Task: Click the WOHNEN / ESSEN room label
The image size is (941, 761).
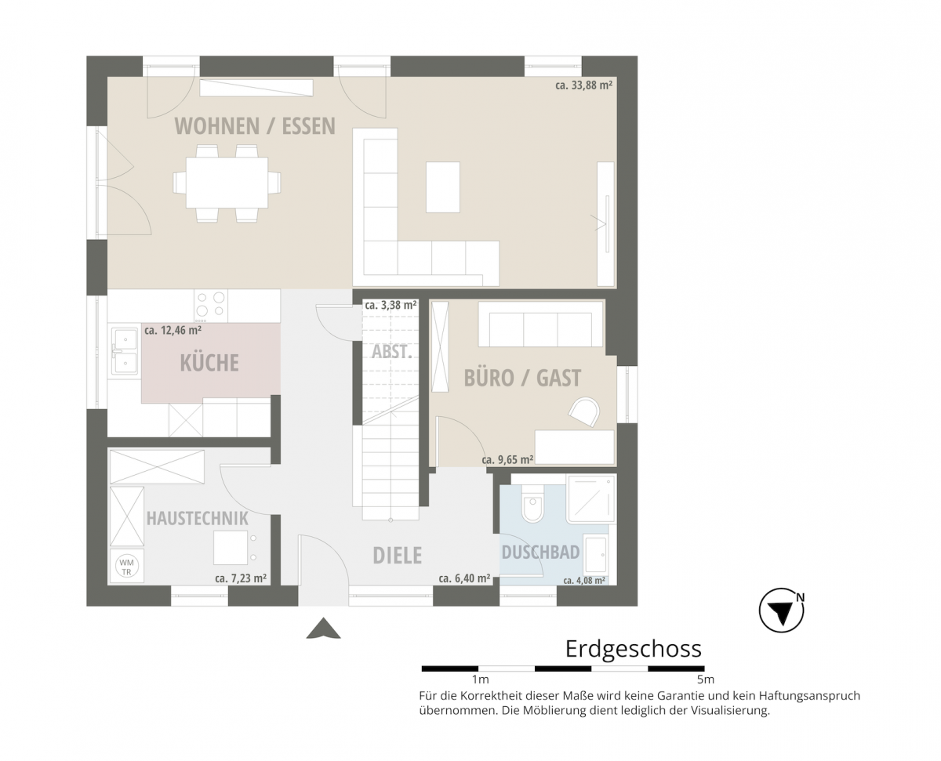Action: (255, 125)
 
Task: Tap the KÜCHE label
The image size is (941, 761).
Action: (209, 363)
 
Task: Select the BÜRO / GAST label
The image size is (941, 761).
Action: (522, 378)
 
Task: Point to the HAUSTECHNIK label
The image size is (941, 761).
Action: (197, 518)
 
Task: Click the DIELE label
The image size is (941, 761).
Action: (397, 555)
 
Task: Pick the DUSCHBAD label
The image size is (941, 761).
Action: (540, 552)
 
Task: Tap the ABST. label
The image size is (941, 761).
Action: (391, 352)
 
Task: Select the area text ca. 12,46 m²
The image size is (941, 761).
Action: (173, 332)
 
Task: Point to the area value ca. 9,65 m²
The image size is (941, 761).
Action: (507, 460)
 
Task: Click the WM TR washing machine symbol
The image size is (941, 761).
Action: (125, 566)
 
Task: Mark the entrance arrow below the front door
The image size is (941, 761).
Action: (322, 629)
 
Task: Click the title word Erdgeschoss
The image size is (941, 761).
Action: (633, 649)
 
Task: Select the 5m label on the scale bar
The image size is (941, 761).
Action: (704, 679)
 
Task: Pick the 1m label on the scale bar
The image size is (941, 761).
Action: (480, 679)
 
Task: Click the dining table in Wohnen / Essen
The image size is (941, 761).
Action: (227, 182)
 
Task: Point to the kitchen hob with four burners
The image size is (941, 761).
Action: (211, 306)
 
